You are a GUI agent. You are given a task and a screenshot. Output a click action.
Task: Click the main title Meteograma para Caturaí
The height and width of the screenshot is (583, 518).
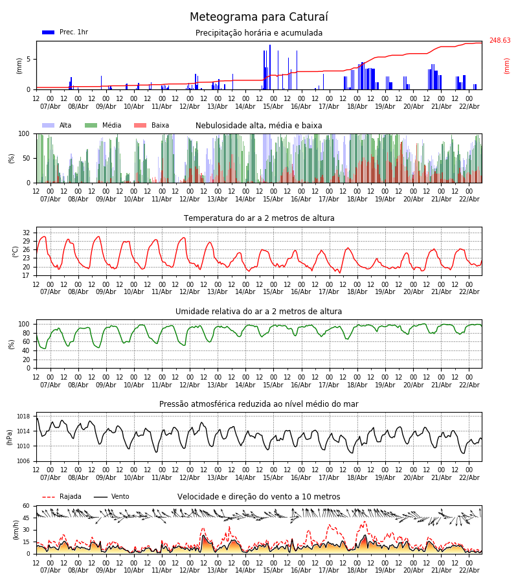pos(259,17)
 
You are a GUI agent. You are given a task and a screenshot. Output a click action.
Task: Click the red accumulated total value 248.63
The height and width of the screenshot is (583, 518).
pos(499,41)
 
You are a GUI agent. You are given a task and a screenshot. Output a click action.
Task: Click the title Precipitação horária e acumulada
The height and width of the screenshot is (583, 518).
pos(259,33)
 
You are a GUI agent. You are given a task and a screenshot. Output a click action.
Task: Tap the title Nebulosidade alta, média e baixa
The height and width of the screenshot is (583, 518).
pos(259,126)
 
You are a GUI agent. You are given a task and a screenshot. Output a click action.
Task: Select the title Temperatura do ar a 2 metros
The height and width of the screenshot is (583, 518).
pos(259,218)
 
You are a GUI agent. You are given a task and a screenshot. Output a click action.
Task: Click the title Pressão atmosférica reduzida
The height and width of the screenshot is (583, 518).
pos(259,404)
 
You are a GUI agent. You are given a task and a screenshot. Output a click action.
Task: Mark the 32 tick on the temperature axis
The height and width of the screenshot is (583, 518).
pos(27,233)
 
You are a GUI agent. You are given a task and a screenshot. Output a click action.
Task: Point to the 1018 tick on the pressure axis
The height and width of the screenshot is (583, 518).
pos(24,417)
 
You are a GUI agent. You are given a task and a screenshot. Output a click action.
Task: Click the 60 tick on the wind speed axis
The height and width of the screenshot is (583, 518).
pos(27,506)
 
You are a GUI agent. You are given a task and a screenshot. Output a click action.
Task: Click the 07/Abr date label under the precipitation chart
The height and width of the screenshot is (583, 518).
pos(51,107)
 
